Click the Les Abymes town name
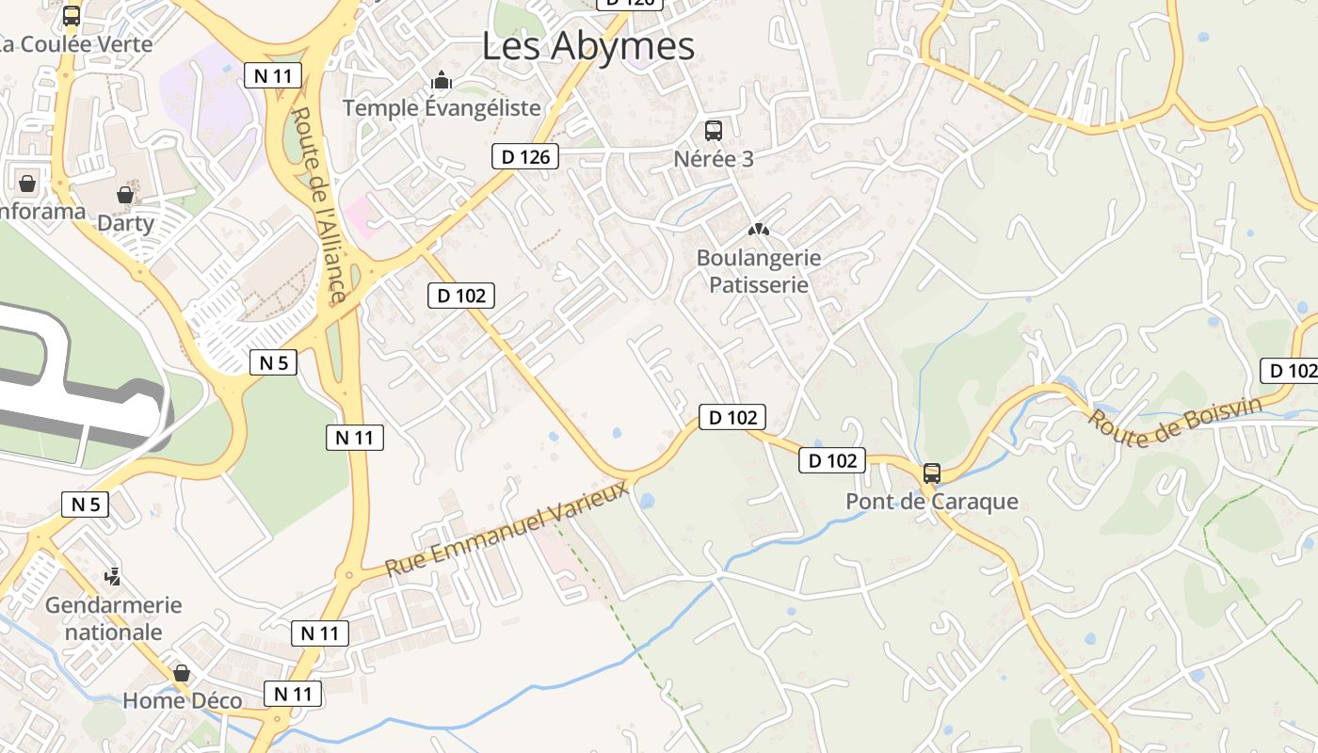tap(588, 45)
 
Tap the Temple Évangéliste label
tap(442, 108)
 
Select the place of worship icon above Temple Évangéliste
tap(442, 80)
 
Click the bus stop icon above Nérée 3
tap(714, 131)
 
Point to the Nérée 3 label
tap(714, 159)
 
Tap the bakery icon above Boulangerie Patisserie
tap(758, 229)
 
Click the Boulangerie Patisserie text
tap(758, 271)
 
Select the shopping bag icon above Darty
tap(125, 195)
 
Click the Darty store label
tap(125, 223)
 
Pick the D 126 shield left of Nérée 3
tap(525, 156)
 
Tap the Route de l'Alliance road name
tap(317, 205)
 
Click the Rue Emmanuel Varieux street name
tap(506, 529)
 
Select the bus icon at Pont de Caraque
tap(932, 473)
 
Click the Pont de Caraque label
tap(932, 501)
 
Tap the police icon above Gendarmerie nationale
tap(113, 576)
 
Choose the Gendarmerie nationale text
tap(113, 618)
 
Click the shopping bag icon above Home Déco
tap(182, 673)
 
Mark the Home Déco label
tap(182, 701)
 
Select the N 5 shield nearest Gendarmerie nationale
tap(86, 505)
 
